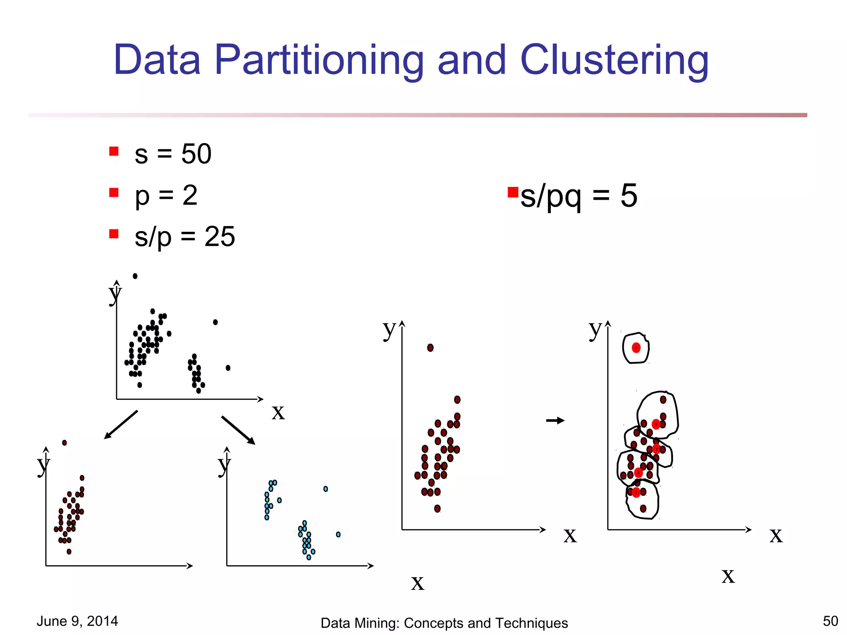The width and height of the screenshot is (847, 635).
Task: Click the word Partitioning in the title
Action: tap(319, 60)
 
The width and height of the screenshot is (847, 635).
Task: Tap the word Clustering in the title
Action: tap(614, 60)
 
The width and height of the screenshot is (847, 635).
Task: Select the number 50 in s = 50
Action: tap(196, 154)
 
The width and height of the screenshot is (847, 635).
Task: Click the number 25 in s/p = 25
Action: tap(220, 237)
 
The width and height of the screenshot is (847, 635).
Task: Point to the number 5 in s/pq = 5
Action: tap(629, 196)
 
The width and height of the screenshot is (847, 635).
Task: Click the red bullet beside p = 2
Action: tap(114, 193)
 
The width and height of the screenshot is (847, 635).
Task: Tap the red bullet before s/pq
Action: tap(513, 192)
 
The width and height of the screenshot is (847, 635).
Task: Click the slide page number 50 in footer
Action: tap(830, 621)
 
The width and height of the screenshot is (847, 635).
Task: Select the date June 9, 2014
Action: tap(77, 621)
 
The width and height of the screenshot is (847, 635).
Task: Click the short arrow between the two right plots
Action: tap(555, 421)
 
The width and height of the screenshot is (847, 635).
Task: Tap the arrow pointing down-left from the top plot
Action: tap(121, 425)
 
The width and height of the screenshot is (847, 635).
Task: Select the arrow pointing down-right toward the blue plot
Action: tap(238, 430)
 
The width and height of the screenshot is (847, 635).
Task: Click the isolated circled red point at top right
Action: tap(636, 348)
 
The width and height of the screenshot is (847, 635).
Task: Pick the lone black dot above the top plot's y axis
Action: tap(135, 276)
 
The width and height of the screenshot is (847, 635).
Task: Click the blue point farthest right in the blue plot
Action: tap(338, 535)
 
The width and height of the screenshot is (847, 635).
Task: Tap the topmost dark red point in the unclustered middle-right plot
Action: tap(430, 348)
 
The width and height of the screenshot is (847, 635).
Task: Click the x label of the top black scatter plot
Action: tap(278, 412)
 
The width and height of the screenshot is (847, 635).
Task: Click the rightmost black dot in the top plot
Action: tap(228, 368)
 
